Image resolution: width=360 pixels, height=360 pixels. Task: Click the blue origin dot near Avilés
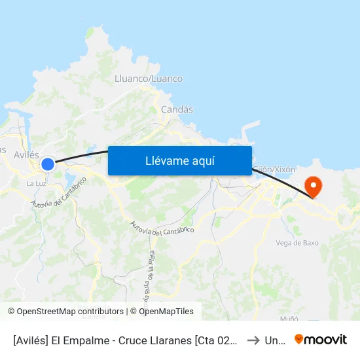[48, 164]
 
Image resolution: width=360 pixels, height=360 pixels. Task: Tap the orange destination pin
[314, 187]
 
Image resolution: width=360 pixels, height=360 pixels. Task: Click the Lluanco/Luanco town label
[149, 79]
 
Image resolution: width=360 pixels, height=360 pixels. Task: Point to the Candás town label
[177, 110]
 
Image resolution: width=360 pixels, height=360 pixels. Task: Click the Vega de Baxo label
[297, 243]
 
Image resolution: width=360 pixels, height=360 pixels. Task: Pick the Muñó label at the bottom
[289, 318]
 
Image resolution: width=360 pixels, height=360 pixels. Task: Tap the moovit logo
[321, 340]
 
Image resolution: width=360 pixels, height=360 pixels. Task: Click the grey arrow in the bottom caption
[253, 340]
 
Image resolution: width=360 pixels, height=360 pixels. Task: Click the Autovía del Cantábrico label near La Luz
[59, 194]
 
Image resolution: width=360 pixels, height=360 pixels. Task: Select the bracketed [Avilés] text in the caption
[31, 340]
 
